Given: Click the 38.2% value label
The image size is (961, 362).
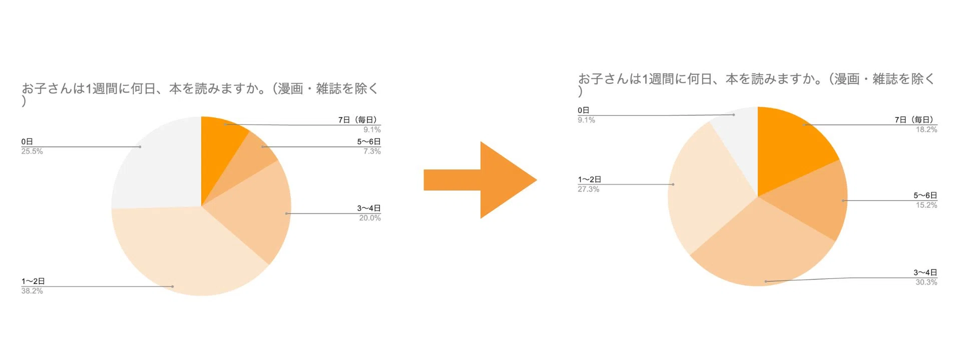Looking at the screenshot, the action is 32,291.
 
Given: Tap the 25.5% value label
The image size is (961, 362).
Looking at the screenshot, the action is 32,151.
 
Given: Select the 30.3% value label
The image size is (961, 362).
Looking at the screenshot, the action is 926,282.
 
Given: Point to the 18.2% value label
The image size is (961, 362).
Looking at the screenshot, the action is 926,129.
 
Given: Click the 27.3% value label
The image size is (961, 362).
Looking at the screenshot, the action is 589,189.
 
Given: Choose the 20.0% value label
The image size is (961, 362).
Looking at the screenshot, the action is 370,218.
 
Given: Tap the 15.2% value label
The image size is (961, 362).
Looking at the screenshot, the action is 926,205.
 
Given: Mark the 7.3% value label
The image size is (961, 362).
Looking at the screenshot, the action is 372,151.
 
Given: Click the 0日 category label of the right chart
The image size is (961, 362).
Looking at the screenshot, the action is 584,110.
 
